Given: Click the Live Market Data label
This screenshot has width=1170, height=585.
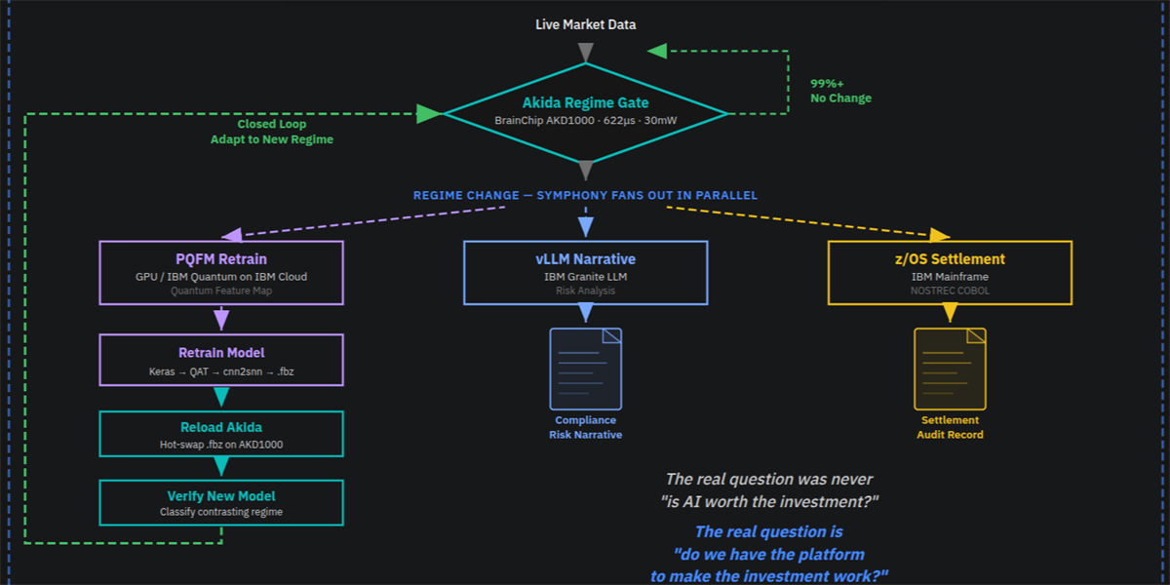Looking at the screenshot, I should coord(585,24).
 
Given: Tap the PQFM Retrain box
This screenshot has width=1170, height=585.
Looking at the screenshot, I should coord(221,272).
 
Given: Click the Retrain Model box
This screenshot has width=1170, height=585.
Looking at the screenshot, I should coord(221,361).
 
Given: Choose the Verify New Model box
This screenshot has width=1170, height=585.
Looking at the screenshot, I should coord(221,501).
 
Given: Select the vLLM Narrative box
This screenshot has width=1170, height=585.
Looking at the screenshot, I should coord(585,272).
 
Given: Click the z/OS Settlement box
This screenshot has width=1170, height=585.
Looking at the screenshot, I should coord(950,272).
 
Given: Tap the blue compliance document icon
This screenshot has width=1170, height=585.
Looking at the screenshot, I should coord(585,369).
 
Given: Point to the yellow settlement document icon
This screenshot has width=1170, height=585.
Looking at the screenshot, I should coord(950,369).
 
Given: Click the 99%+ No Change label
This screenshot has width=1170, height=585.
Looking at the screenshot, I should coord(840,91).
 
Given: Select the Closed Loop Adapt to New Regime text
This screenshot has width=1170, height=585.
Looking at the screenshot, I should coord(272,132).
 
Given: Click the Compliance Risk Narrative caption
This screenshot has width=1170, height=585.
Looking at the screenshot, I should coord(585,427).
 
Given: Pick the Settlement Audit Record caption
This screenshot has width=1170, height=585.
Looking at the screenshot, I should coord(950,427).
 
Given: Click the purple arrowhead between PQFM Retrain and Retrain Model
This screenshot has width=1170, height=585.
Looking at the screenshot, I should coord(221,319).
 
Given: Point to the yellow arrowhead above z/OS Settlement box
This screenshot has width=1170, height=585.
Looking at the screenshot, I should coord(939,235).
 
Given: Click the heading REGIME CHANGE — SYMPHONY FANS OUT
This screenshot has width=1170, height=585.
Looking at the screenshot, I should coord(585,195).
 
